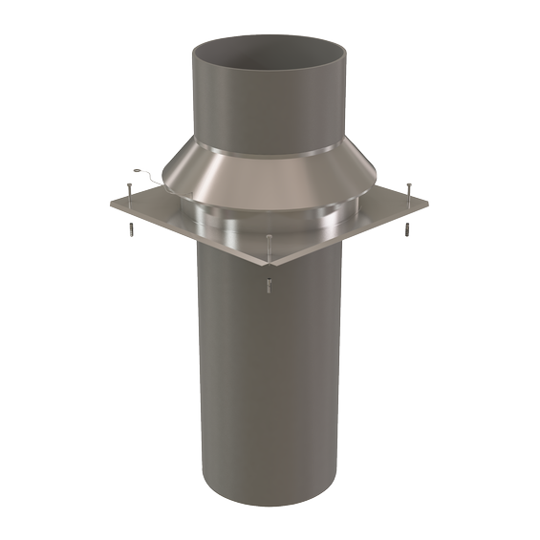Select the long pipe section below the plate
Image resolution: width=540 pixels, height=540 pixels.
pyautogui.click(x=270, y=382)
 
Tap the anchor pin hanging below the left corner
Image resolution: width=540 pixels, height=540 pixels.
pyautogui.click(x=126, y=229)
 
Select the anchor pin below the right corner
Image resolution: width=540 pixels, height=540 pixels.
pyautogui.click(x=405, y=230)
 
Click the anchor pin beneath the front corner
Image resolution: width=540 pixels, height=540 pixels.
pyautogui.click(x=271, y=283)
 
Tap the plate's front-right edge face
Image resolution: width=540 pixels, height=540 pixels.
pyautogui.click(x=349, y=238)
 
